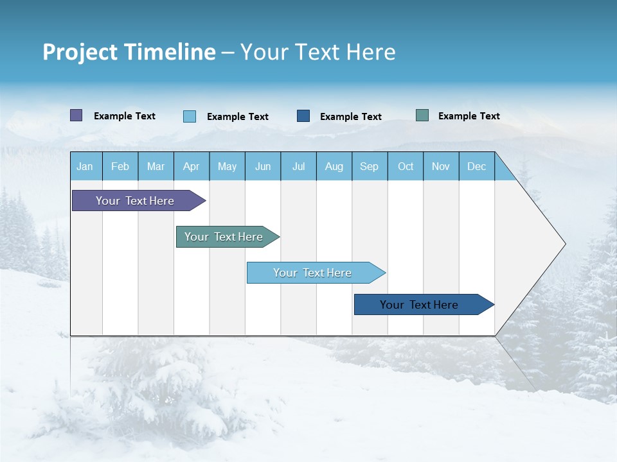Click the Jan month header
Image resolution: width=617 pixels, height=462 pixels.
[85, 166]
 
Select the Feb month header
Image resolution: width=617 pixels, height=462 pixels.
[120, 166]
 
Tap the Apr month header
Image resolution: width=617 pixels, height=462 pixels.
[192, 166]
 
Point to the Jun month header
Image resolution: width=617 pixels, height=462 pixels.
[263, 166]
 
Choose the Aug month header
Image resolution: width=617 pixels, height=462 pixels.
[334, 166]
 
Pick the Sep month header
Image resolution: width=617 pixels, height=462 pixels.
[370, 166]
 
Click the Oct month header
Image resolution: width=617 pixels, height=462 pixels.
[406, 166]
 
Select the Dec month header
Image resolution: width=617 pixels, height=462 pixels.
[477, 166]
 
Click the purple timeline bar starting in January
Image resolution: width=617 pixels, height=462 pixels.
[135, 201]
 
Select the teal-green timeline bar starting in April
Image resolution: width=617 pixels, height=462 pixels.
[224, 237]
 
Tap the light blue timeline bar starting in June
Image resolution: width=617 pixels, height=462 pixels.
[312, 273]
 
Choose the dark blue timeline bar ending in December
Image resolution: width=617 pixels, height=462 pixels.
[419, 305]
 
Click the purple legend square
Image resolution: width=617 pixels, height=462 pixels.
[76, 116]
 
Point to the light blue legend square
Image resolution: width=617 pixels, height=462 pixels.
[190, 116]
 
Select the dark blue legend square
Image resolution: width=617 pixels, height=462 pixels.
[303, 116]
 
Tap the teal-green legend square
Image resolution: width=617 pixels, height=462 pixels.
[422, 116]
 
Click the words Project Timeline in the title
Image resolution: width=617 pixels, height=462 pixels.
[129, 52]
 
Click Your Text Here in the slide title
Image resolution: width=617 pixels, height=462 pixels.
[318, 52]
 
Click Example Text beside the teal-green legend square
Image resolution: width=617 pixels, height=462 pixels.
[469, 116]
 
